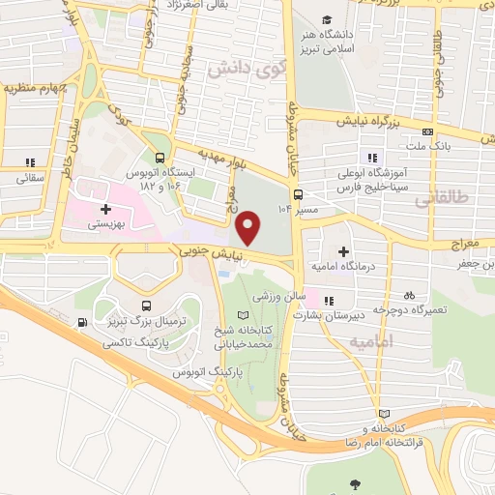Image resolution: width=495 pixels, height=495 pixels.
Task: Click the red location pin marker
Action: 249,227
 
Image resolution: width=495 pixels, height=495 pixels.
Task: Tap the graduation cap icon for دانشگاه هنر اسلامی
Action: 328,19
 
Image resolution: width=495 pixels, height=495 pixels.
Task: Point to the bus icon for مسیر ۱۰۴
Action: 301,191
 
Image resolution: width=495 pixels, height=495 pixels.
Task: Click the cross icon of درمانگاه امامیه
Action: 342,250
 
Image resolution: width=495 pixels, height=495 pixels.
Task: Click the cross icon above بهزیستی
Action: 104,208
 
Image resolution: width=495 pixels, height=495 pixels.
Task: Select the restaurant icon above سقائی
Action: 30,161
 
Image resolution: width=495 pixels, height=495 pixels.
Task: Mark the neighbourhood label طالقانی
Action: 445,199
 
